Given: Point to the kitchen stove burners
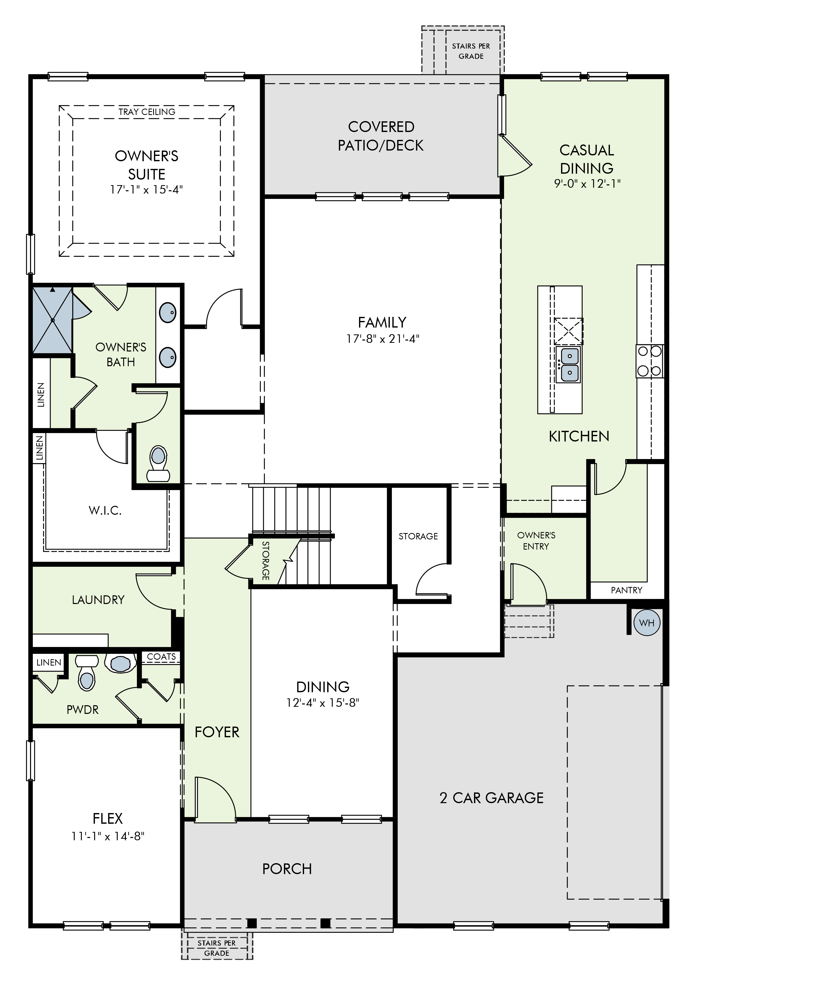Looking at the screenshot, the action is (650, 361).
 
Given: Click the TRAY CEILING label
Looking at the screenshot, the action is (147, 112).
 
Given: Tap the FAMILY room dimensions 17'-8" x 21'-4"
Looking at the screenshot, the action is (382, 338).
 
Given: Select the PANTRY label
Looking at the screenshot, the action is (626, 590).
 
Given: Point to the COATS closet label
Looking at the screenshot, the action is (161, 656).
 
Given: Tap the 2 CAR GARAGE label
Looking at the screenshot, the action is (492, 798).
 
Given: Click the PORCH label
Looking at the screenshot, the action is (287, 869).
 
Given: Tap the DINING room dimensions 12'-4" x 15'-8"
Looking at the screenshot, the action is (323, 702).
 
